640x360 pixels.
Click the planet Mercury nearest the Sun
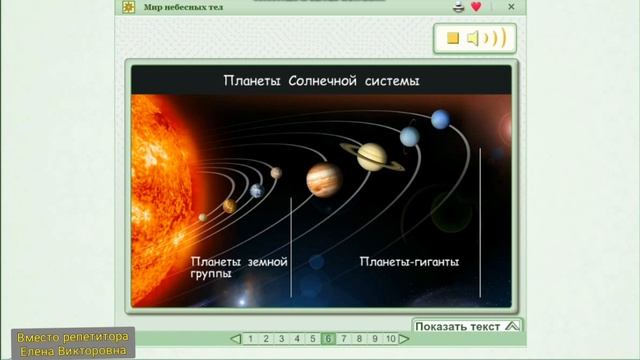(x=203, y=216)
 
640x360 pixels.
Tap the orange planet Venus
(x=229, y=205)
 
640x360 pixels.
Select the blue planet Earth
(x=256, y=190)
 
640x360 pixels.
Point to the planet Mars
(x=276, y=172)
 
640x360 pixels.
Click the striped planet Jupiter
(x=324, y=179)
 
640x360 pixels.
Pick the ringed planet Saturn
(x=372, y=154)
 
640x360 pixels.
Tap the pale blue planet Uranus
(x=409, y=136)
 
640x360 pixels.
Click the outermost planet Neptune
(x=439, y=120)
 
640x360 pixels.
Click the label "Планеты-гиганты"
(x=409, y=262)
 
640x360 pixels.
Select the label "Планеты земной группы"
(x=239, y=266)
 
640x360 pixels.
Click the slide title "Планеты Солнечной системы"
(x=320, y=81)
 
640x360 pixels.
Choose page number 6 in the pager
(x=328, y=339)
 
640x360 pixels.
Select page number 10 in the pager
(x=391, y=339)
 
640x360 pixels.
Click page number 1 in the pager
(x=249, y=339)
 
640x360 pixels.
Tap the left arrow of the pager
(x=235, y=339)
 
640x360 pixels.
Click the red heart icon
(x=476, y=7)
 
